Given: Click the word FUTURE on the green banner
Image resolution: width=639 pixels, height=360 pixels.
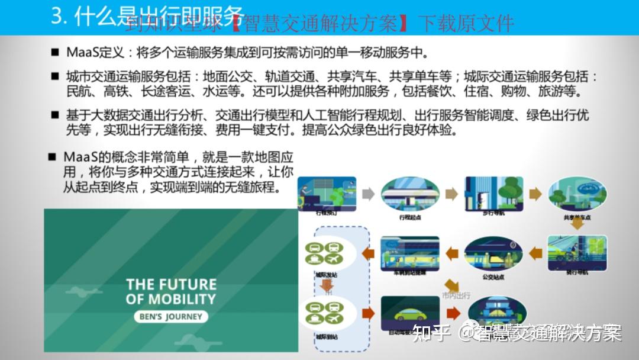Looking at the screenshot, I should click(x=188, y=284).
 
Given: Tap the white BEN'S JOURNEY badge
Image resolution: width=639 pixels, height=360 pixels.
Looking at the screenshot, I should click(x=172, y=316).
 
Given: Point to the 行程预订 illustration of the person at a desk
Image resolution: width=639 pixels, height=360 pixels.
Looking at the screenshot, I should click(x=327, y=193).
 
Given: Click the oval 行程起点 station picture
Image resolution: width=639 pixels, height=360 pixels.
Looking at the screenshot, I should click(x=409, y=194).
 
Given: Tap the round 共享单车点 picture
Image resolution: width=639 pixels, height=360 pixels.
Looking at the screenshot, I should click(x=575, y=194).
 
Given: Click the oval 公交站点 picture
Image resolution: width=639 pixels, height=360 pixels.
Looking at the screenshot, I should click(x=493, y=253).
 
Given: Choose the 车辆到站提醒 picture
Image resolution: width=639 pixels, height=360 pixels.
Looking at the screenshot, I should click(x=409, y=253).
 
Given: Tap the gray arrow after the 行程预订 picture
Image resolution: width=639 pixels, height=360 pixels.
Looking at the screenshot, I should click(x=368, y=194).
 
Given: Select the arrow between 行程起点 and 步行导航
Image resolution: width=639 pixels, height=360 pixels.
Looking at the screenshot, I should click(x=451, y=194).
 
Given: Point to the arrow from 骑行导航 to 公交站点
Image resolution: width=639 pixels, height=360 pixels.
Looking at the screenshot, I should click(x=535, y=253).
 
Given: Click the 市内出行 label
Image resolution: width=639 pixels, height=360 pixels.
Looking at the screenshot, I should click(x=456, y=295).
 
